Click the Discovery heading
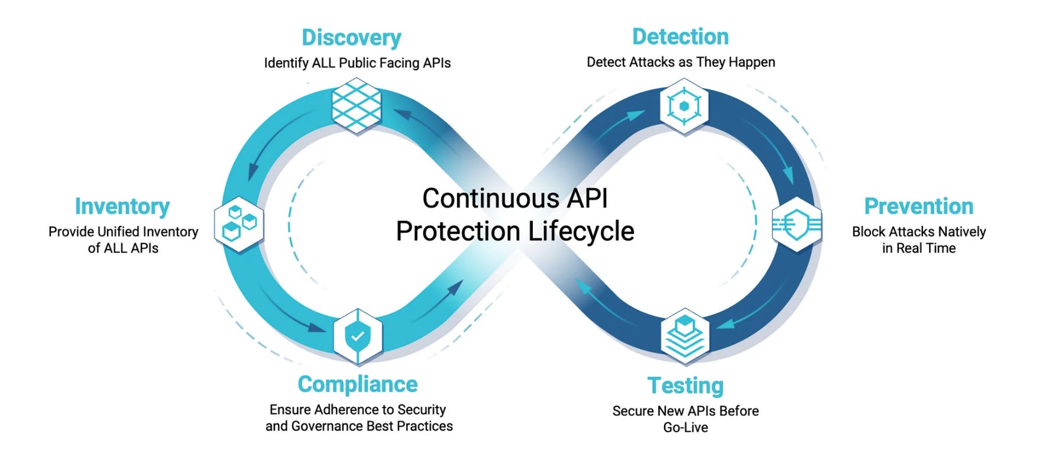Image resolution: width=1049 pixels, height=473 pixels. [x=351, y=37]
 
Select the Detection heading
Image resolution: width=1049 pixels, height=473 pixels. [x=680, y=37]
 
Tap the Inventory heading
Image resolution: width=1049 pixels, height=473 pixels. [x=122, y=206]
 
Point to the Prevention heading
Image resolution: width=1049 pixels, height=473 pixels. [x=918, y=206]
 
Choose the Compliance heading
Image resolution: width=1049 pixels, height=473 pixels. [x=357, y=384]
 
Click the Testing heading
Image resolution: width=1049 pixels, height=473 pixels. [x=685, y=385]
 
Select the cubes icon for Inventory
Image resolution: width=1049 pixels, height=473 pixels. [x=238, y=225]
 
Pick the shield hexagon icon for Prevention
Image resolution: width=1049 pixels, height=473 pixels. [x=797, y=225]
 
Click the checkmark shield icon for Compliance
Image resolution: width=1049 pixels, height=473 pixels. [x=358, y=336]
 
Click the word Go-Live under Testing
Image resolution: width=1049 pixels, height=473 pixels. [x=685, y=427]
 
